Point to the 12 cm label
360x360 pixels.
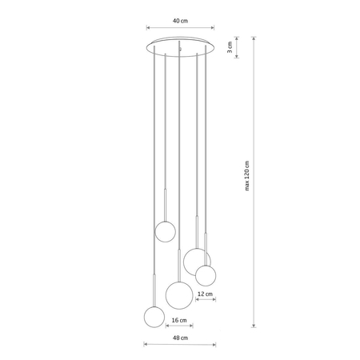(x=206, y=294)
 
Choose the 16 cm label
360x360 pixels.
(x=180, y=322)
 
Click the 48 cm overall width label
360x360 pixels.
(x=180, y=338)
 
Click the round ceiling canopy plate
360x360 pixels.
(x=181, y=45)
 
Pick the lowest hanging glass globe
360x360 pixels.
(x=154, y=317)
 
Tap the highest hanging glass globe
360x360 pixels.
(x=165, y=231)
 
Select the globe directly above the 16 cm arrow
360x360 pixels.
(x=180, y=292)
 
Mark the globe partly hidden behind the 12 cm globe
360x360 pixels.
(x=194, y=259)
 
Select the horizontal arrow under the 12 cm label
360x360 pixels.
(x=206, y=302)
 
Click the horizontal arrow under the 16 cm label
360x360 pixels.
(x=180, y=329)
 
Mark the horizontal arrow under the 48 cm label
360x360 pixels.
(x=180, y=346)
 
